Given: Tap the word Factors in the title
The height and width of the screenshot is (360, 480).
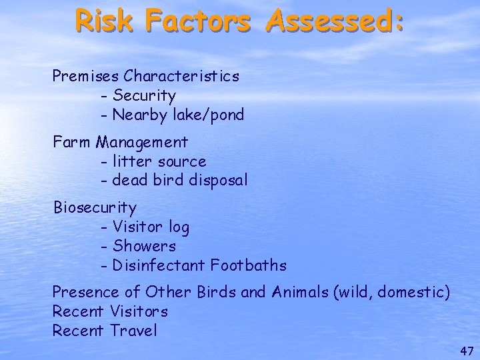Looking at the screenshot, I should pos(197,20).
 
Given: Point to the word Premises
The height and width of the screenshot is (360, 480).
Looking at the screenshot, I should pos(86,76).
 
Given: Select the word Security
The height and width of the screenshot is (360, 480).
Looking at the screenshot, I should pos(144,95).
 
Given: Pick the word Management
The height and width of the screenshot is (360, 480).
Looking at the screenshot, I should pos(143,143).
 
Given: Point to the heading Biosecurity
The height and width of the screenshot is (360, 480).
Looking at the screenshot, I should pos(95,208).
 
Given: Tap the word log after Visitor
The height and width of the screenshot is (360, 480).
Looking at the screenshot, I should pos(179,228).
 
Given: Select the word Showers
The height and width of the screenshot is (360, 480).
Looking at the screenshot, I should pos(144,246).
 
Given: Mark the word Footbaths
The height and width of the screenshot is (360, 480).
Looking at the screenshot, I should pos(249,265).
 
